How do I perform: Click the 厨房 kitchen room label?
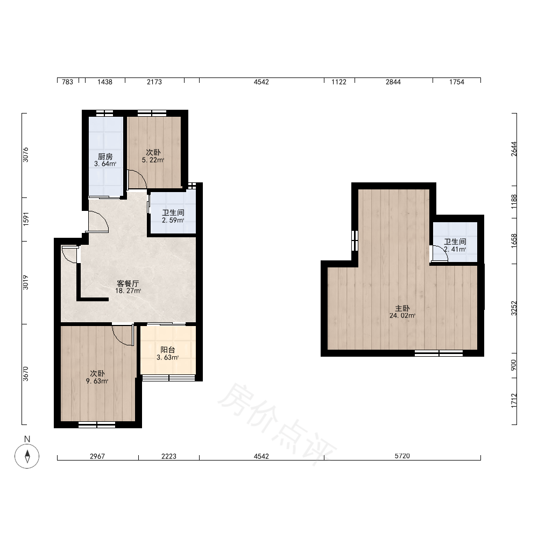tap(105, 157)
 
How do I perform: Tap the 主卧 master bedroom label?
tap(402, 308)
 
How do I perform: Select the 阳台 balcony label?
tap(168, 350)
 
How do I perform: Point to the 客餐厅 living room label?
tap(128, 284)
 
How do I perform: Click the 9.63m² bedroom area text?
tap(97, 381)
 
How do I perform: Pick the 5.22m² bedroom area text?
tap(153, 160)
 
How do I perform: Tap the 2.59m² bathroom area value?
tap(173, 220)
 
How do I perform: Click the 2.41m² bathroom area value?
tap(455, 250)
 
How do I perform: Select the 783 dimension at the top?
tap(67, 82)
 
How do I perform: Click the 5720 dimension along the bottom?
tap(402, 456)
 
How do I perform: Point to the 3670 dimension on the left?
tap(26, 374)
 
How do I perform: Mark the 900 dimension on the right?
tap(513, 365)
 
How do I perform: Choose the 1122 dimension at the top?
tap(338, 82)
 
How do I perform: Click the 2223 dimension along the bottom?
tap(169, 456)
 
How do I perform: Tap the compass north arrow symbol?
tap(27, 456)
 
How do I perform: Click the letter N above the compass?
tap(27, 439)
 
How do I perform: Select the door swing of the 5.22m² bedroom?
tap(137, 179)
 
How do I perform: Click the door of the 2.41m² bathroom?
tap(439, 254)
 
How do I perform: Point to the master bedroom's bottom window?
tap(439, 353)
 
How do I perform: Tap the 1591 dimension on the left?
tap(26, 220)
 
